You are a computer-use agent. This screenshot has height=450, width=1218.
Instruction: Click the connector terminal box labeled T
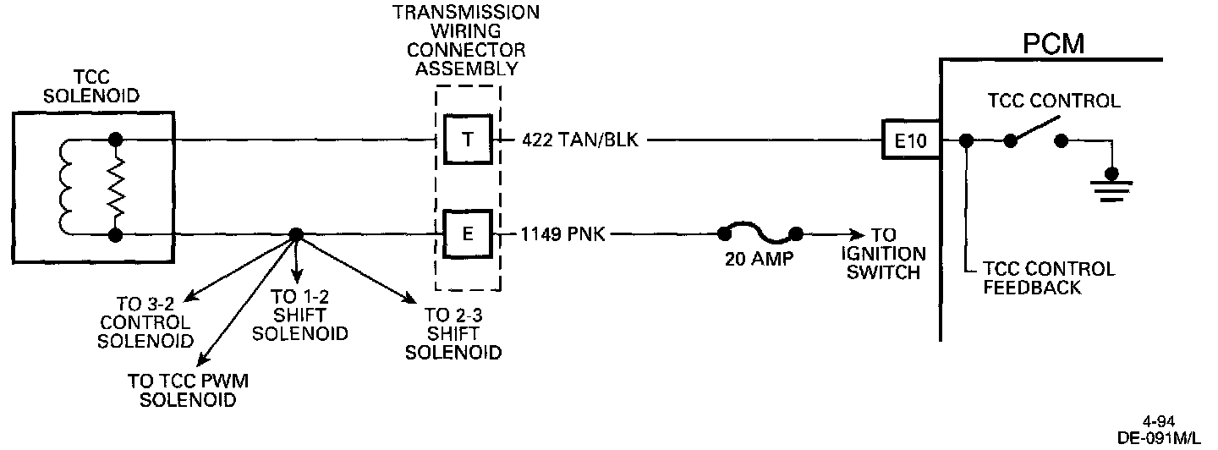[x=468, y=140]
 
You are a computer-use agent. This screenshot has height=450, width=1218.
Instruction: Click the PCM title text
[x=1052, y=43]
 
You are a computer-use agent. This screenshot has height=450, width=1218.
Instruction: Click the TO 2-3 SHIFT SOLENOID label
[x=453, y=334]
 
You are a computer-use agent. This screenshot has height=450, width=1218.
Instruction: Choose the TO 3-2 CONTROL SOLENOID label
[x=143, y=323]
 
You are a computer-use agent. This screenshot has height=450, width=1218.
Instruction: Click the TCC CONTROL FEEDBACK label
[x=1048, y=278]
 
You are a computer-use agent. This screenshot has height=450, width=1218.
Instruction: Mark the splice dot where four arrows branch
[x=295, y=234]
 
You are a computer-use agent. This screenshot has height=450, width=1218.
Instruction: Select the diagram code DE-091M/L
[x=1159, y=438]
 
